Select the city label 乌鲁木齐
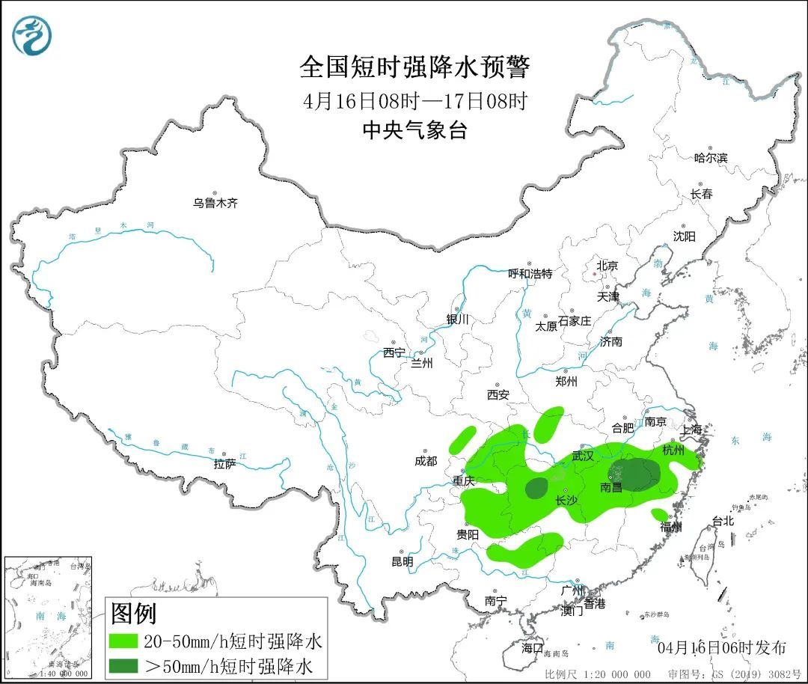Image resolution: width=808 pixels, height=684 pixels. [x=215, y=203]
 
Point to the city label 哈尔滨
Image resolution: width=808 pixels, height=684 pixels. [x=710, y=158]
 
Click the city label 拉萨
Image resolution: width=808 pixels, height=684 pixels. [x=224, y=464]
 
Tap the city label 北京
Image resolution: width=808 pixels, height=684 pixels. [x=607, y=266]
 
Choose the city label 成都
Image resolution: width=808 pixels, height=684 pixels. [x=425, y=462]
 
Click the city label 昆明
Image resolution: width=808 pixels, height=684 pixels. [x=402, y=561]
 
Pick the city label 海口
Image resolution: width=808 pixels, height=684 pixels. [x=532, y=647]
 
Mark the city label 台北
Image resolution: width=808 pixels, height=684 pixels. [x=723, y=522]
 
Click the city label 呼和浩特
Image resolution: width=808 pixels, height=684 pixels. [x=530, y=274]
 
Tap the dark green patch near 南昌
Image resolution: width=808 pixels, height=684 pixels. [x=634, y=474]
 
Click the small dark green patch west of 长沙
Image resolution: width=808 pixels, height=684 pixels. [x=536, y=489]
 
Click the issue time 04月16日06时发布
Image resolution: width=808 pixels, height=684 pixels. [x=721, y=647]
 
